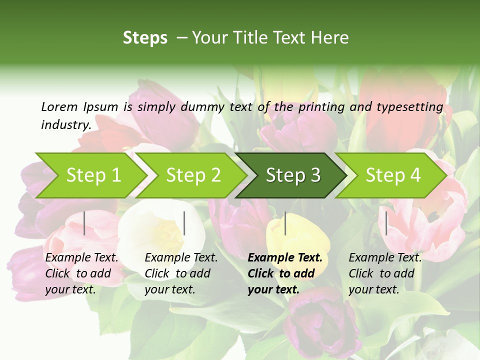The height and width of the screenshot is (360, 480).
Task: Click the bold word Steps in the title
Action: pyautogui.click(x=145, y=38)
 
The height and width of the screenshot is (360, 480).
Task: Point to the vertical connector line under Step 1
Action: pyautogui.click(x=84, y=223)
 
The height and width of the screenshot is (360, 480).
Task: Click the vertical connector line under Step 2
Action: pyautogui.click(x=184, y=223)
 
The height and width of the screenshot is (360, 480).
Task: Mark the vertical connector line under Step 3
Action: pyautogui.click(x=285, y=223)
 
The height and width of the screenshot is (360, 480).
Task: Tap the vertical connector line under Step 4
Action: pyautogui.click(x=386, y=223)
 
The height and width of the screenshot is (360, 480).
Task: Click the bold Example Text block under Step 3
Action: pyautogui.click(x=285, y=273)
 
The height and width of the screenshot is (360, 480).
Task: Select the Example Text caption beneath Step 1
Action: pyautogui.click(x=81, y=273)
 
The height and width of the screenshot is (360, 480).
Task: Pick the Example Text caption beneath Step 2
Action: pyautogui.click(x=181, y=273)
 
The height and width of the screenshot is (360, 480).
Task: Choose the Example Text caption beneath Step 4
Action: pyautogui.click(x=385, y=273)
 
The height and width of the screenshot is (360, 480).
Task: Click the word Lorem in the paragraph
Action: pyautogui.click(x=59, y=106)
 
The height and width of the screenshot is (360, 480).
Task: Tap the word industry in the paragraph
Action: pyautogui.click(x=65, y=124)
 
